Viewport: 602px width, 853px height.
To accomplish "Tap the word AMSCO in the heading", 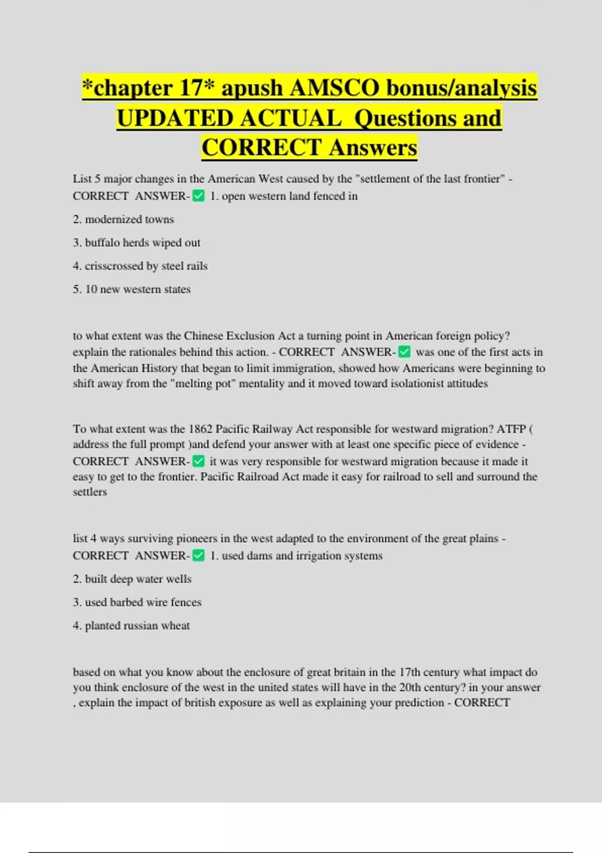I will pos(335,88).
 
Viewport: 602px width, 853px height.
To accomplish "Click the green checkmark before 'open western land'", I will pos(199,196).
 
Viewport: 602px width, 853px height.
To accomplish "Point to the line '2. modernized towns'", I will pos(123,219).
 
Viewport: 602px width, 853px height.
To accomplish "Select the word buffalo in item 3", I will pos(103,243).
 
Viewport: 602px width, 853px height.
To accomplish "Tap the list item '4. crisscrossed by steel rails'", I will pos(140,266).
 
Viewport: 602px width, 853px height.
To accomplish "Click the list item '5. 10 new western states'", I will pos(131,290).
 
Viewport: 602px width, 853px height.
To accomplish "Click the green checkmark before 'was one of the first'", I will pos(404,352).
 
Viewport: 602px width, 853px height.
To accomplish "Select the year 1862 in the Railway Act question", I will pos(200,429).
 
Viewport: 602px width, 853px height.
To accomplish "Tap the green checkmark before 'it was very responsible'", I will pos(199,461).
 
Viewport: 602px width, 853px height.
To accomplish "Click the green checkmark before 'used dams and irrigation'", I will pos(199,555).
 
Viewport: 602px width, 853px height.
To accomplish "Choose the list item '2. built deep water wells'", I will pos(132,579).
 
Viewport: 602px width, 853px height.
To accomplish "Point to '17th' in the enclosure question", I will pos(409,672).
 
